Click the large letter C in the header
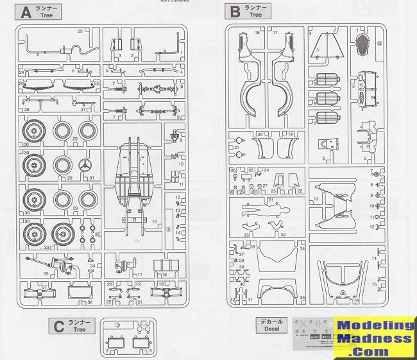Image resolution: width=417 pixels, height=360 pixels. tap(58, 327)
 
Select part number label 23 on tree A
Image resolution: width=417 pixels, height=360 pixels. tap(80, 31)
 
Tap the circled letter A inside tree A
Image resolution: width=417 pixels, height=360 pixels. tap(168, 229)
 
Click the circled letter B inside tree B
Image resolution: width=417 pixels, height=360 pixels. tap(380, 43)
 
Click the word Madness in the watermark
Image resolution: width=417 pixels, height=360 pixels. tap(376, 339)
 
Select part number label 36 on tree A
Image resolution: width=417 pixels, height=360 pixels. tap(90, 303)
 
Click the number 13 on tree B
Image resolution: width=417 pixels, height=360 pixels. tap(316, 200)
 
